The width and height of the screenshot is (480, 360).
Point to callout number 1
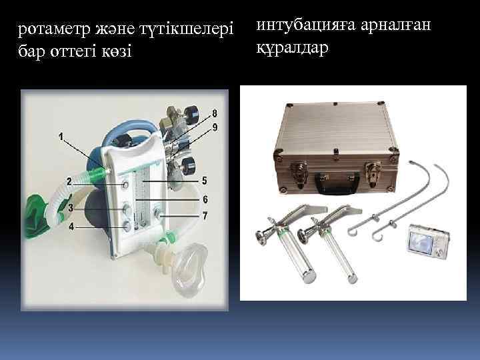[61, 137]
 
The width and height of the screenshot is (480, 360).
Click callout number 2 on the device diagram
[69, 181]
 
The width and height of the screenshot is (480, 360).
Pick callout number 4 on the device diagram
[71, 227]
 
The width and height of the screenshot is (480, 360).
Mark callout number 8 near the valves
[214, 111]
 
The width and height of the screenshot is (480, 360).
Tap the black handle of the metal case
[335, 180]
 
